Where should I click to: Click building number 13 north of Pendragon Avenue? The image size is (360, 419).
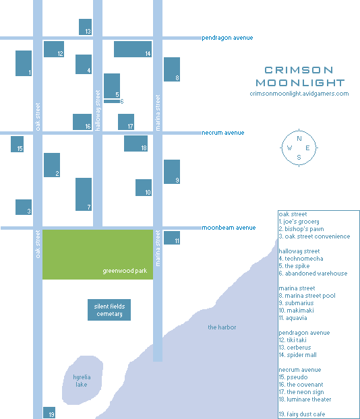click(85, 27)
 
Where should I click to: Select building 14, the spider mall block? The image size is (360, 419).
click(133, 49)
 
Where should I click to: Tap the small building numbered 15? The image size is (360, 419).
click(17, 144)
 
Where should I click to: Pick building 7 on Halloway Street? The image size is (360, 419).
click(84, 194)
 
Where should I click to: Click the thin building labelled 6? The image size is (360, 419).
click(112, 101)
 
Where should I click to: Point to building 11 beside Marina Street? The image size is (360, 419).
click(172, 238)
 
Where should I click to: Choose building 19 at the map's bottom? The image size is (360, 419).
click(49, 412)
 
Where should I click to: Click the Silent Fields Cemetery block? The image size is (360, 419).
click(109, 310)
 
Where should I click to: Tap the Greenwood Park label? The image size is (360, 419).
click(125, 271)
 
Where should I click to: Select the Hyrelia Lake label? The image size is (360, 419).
click(82, 381)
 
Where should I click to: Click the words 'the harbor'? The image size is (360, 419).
click(222, 327)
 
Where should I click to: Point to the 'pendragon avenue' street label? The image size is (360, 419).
click(227, 38)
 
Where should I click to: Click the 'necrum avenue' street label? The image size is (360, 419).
click(222, 133)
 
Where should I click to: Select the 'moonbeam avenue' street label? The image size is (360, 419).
click(229, 228)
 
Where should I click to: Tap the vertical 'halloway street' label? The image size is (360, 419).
click(98, 110)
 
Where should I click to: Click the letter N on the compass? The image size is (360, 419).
click(299, 138)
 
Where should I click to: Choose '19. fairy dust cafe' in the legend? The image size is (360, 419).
click(302, 414)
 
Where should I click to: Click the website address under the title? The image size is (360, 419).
click(299, 94)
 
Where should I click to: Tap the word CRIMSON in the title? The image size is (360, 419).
click(299, 70)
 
